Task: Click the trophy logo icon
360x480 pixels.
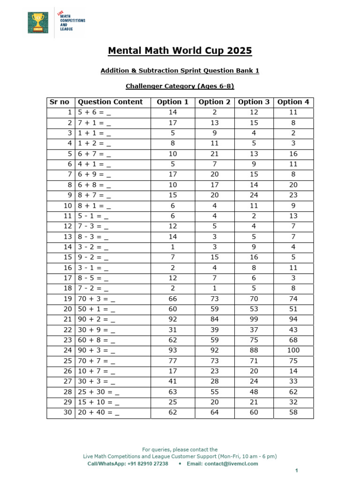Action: coord(37,22)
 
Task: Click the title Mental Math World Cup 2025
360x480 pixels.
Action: coord(180,51)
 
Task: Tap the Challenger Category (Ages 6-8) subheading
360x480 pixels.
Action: coord(180,86)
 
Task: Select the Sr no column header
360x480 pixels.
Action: coord(60,102)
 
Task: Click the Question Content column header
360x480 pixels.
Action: coord(110,102)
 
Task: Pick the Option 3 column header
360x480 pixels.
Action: coord(254,102)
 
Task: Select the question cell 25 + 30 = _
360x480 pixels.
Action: coord(98,392)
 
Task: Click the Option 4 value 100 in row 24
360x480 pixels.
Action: coord(293,350)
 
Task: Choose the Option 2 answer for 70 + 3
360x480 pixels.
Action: coord(214,309)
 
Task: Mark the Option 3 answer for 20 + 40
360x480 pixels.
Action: coord(254,412)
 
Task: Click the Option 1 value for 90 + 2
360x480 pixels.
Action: coord(172,319)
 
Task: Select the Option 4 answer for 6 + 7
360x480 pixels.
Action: coord(293,154)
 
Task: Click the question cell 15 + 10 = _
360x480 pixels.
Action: coord(98,402)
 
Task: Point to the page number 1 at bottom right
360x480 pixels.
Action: coord(296,470)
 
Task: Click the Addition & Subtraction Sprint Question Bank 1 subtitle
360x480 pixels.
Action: coord(180,70)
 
